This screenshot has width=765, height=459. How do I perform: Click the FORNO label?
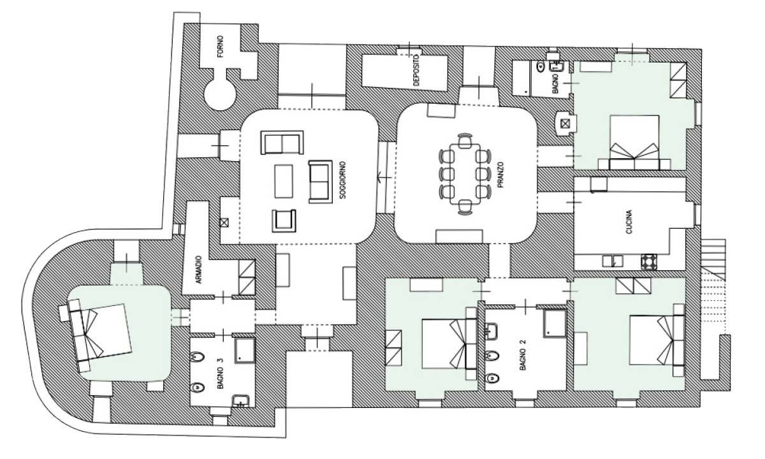point(221,50)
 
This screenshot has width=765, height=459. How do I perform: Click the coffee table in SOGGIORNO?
point(284,181)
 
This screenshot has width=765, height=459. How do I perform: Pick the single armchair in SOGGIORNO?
point(285,221)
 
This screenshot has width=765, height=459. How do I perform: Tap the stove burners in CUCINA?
point(649,261)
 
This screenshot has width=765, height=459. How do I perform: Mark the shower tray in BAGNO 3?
point(244,350)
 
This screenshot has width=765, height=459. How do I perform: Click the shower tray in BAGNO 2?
point(553,323)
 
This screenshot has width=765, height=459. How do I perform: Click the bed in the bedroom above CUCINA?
point(634,142)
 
